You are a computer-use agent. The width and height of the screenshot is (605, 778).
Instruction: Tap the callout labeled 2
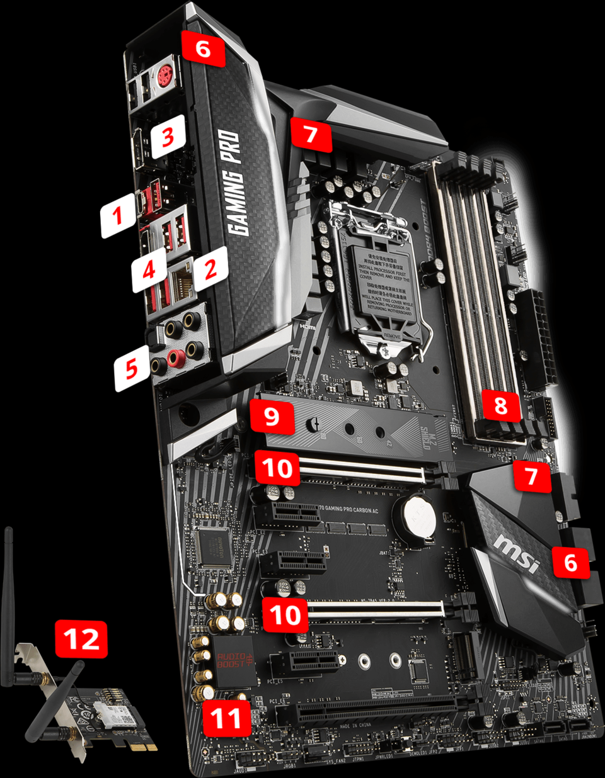click(x=210, y=269)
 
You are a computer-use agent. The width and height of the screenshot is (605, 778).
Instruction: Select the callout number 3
click(x=168, y=136)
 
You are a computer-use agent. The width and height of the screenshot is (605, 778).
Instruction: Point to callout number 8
click(x=501, y=405)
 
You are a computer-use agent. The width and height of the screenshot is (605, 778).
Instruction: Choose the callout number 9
click(x=272, y=416)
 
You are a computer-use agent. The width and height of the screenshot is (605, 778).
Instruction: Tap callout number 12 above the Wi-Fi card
click(x=81, y=640)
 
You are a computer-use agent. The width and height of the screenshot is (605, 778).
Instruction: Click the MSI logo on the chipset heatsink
click(x=517, y=554)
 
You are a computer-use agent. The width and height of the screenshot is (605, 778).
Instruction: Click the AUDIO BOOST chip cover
click(x=233, y=661)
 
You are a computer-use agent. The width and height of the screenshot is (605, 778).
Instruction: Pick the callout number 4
click(x=149, y=271)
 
